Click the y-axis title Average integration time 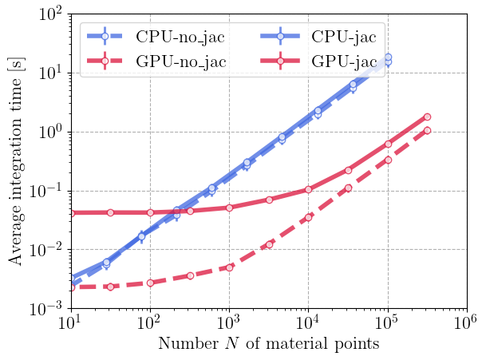click(x=15, y=161)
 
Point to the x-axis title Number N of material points click(x=268, y=346)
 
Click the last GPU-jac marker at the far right click(x=427, y=117)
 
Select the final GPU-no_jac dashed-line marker click(x=427, y=130)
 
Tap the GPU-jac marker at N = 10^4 click(x=308, y=189)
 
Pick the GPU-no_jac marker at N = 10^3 click(x=229, y=267)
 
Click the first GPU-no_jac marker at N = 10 click(x=71, y=287)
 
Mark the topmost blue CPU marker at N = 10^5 click(x=388, y=57)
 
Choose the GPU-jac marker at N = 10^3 click(x=229, y=208)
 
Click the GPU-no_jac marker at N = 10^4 click(x=308, y=217)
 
